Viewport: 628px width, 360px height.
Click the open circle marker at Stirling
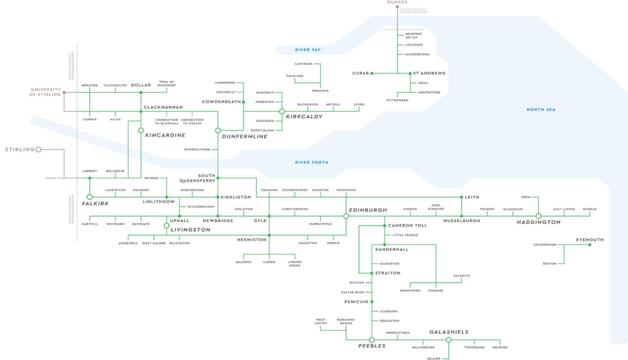(x=38, y=150)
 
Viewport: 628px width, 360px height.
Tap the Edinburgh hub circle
(x=346, y=216)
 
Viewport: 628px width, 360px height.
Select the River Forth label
(x=312, y=162)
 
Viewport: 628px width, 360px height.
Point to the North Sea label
(x=541, y=110)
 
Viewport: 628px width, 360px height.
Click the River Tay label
(x=307, y=50)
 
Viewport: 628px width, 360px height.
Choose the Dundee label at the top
(x=397, y=2)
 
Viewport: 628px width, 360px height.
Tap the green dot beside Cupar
(x=372, y=74)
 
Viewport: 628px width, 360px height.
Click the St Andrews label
(x=429, y=73)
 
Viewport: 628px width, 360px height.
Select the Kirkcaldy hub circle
(x=282, y=111)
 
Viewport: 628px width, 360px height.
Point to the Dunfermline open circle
(x=218, y=130)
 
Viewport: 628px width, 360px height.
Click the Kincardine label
(x=165, y=135)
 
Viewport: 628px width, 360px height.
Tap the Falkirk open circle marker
(x=90, y=197)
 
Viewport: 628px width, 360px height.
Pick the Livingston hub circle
(x=166, y=226)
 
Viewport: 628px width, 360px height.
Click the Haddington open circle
(x=538, y=216)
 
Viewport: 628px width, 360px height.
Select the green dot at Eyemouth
(x=590, y=245)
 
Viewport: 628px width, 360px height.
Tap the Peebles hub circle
(x=372, y=340)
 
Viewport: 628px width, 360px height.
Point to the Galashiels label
(x=449, y=332)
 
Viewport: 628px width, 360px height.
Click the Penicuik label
(x=356, y=302)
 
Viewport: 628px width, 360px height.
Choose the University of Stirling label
(x=45, y=92)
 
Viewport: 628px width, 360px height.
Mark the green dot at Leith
(x=462, y=197)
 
